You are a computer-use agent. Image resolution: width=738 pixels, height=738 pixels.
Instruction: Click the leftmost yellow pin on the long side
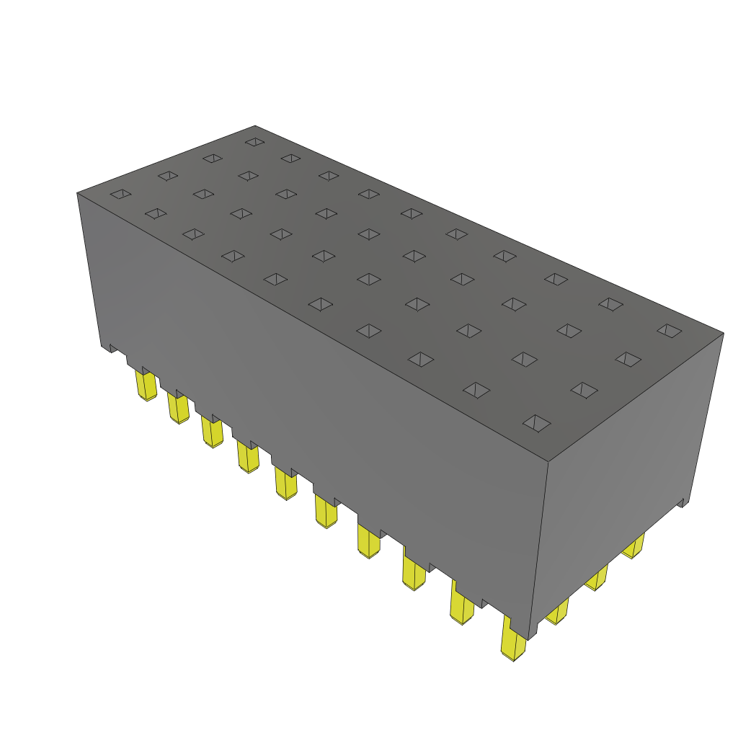[x=147, y=386]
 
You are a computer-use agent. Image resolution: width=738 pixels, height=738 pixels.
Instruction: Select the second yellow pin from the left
[x=178, y=409]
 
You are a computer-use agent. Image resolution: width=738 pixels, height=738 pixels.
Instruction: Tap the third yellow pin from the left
[x=213, y=432]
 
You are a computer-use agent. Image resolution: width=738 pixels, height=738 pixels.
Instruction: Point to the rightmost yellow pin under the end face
[x=633, y=547]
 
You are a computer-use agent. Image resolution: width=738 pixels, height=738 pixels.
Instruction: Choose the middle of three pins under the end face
[x=596, y=578]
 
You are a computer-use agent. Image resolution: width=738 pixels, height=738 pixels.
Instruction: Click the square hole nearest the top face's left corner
[x=120, y=194]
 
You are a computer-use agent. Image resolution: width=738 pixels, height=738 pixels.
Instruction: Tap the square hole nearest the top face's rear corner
[x=254, y=142]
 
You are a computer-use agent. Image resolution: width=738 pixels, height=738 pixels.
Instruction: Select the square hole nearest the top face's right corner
[x=669, y=330]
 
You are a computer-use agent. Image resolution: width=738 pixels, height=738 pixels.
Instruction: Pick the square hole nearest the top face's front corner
[x=536, y=423]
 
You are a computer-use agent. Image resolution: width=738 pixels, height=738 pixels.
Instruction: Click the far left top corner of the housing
[x=77, y=193]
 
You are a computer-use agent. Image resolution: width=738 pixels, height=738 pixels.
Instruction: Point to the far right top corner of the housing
[x=723, y=333]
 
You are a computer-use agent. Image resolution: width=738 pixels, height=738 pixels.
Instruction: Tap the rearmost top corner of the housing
[x=255, y=125]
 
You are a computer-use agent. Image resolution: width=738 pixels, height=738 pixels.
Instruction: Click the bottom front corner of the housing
[x=530, y=639]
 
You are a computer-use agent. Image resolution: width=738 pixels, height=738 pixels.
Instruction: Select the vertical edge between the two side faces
[x=540, y=548]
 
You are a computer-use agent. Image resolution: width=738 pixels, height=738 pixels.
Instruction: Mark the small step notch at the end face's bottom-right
[x=684, y=502]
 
